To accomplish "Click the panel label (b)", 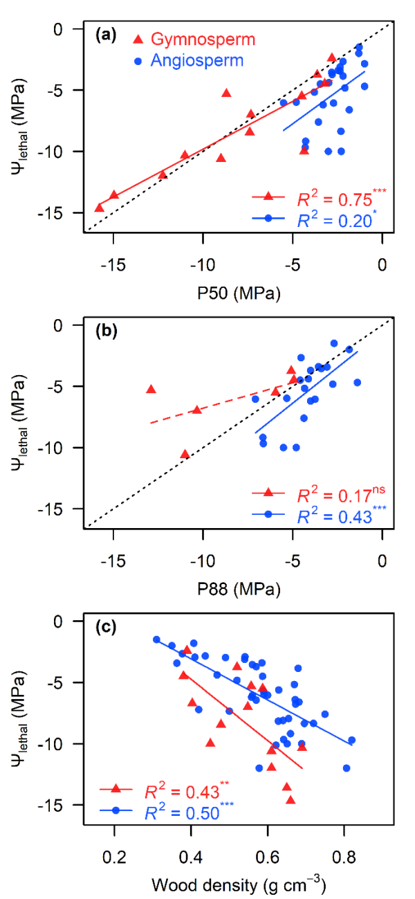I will (105, 330).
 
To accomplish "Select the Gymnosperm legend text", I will (203, 39).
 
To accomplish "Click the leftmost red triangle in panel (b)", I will (151, 390).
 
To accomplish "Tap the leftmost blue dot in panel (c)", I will (156, 639).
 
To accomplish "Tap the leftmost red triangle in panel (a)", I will (100, 208).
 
